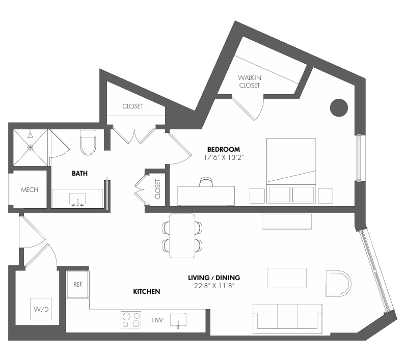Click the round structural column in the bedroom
[339, 107]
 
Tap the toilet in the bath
[88, 143]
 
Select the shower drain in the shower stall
[31, 148]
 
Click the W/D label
[41, 309]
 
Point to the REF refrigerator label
[77, 285]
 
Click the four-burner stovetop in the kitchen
[131, 320]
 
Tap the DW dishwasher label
[157, 320]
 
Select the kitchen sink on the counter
[178, 320]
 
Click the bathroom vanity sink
[77, 199]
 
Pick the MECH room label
[30, 190]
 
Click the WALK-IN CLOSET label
[250, 81]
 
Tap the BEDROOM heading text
[224, 149]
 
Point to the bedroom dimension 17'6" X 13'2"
[224, 157]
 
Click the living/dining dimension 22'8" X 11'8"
[214, 286]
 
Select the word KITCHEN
[147, 292]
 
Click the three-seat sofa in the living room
[287, 319]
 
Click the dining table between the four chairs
[182, 236]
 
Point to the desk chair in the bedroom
[206, 182]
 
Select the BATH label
[80, 174]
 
